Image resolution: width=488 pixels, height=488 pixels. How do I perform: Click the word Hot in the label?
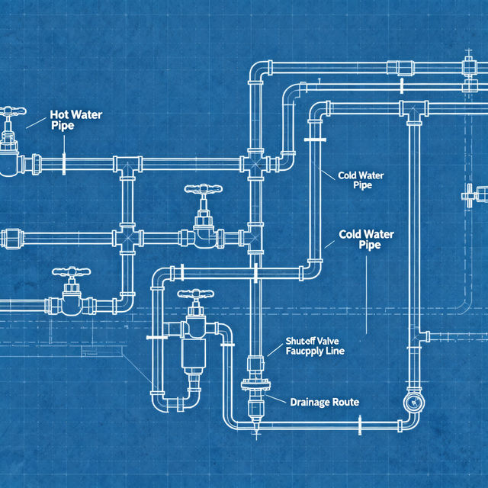[x=59, y=114]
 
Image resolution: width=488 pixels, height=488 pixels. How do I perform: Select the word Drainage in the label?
[x=310, y=401]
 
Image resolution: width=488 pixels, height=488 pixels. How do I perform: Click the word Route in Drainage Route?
[x=345, y=401]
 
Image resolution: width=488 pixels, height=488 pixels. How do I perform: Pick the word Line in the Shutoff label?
[x=335, y=352]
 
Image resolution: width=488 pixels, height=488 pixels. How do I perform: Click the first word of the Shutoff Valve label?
[x=300, y=341]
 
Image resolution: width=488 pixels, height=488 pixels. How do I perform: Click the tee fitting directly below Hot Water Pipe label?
[x=127, y=163]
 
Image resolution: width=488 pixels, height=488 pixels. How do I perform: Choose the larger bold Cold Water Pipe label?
[x=366, y=239]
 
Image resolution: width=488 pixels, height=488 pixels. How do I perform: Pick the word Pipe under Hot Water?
[x=63, y=125]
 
